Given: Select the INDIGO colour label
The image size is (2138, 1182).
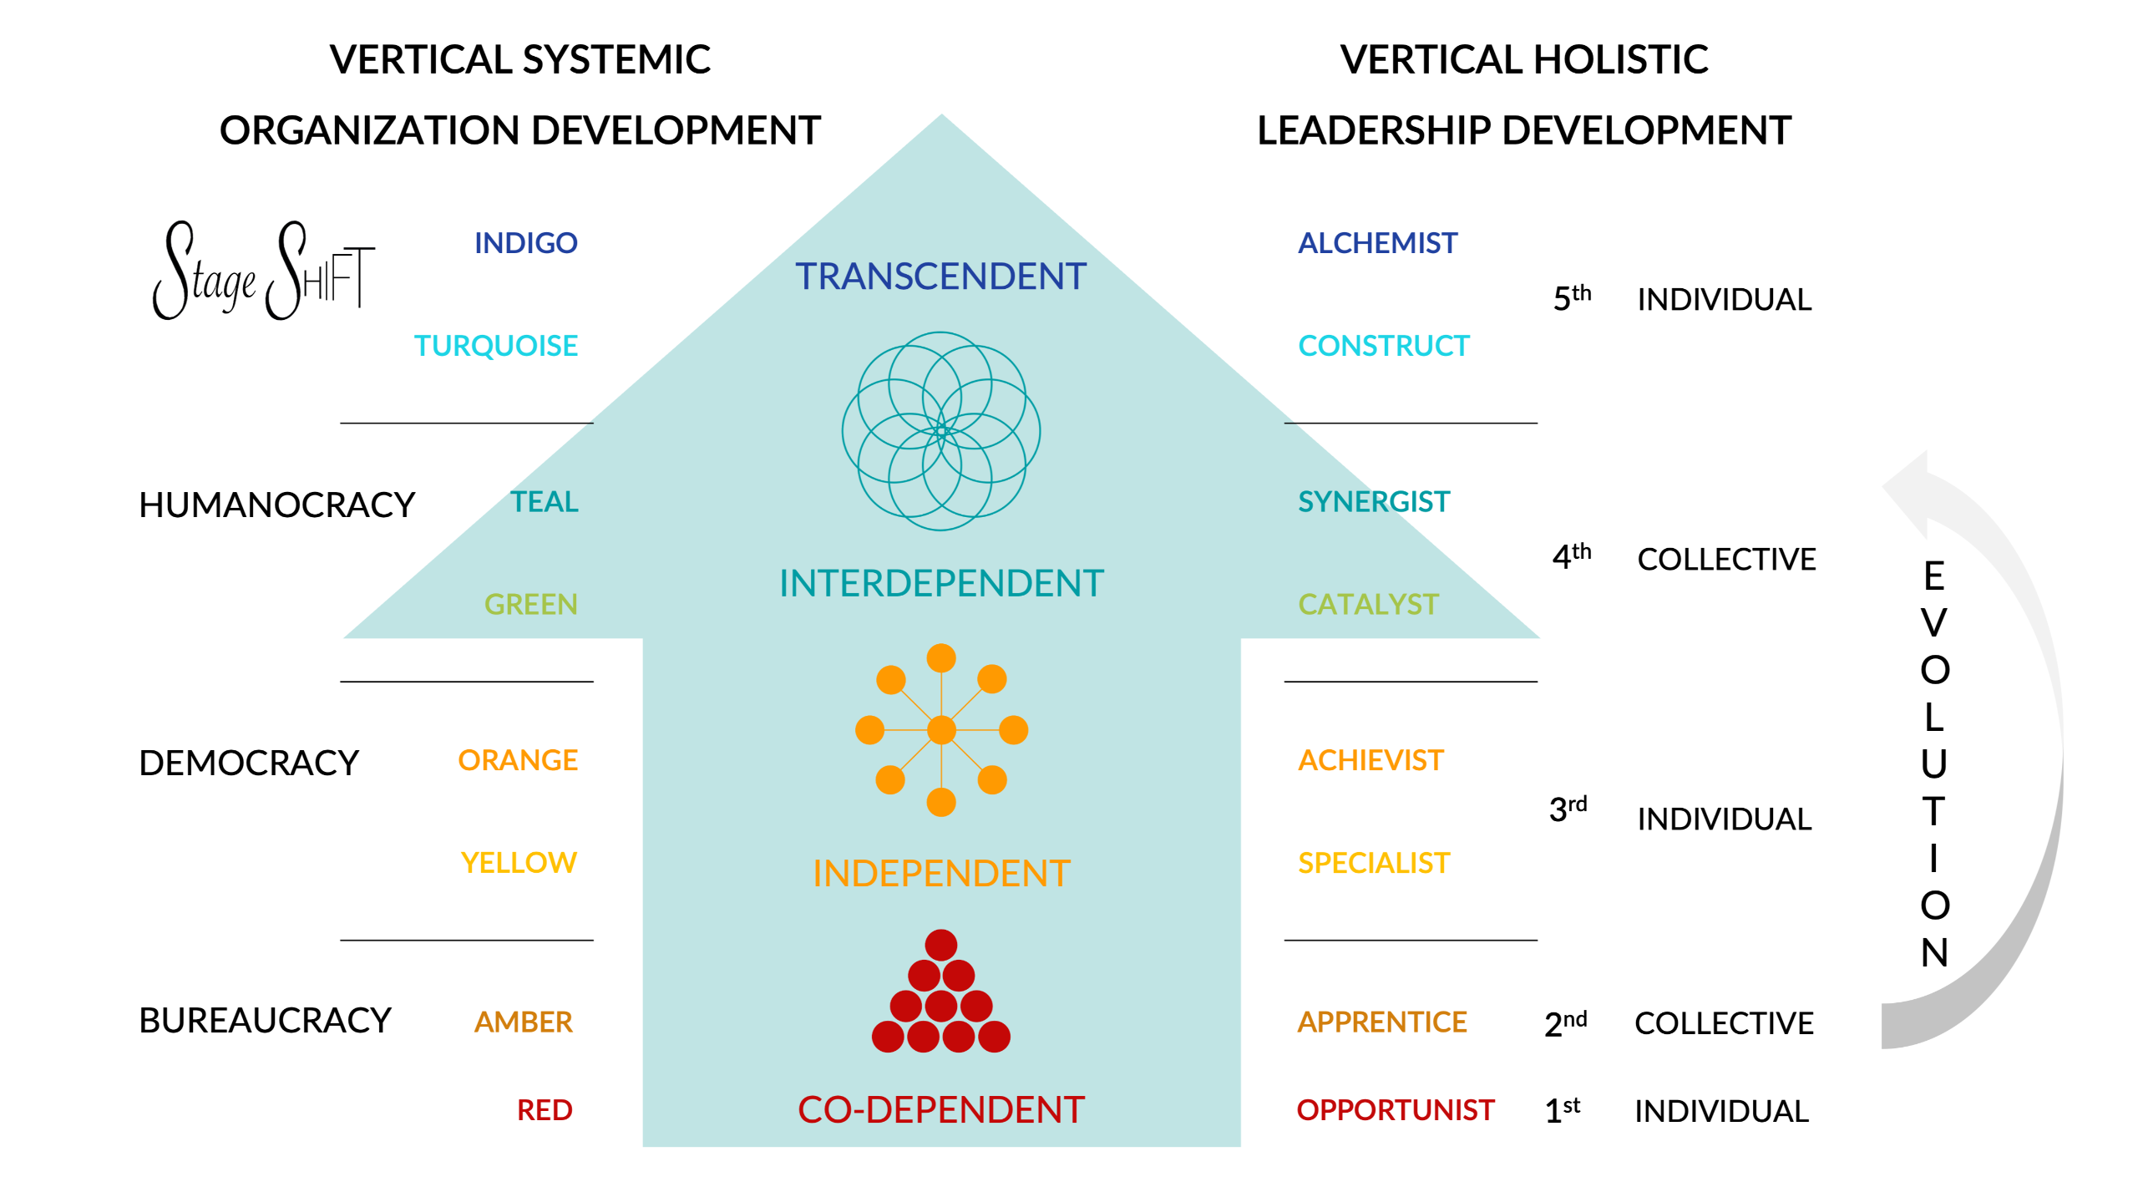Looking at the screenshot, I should (525, 243).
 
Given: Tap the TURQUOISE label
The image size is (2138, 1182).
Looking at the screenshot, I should (495, 346).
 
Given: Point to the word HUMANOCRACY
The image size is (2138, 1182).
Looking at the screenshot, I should (276, 505).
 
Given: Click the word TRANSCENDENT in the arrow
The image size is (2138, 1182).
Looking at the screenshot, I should (940, 276).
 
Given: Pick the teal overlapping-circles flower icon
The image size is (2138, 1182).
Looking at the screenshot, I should (940, 431).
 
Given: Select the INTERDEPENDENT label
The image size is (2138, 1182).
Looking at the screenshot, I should (941, 583).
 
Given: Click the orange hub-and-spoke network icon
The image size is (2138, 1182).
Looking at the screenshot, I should (941, 730).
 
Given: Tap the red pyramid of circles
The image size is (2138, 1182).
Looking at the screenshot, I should (940, 994).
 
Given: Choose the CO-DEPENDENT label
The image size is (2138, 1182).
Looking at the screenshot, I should (941, 1110).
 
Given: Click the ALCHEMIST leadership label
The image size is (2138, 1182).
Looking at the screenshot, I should (1377, 243).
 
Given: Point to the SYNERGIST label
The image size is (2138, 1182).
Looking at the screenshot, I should (1373, 501).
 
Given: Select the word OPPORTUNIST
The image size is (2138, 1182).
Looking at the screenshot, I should (1395, 1110).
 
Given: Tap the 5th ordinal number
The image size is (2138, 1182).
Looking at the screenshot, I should (1571, 298).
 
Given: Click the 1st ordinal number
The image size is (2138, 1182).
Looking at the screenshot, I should (1562, 1111).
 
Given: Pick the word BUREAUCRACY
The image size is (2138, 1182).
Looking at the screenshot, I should (265, 1020).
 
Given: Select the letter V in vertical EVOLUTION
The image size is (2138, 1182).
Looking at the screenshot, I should (1933, 622).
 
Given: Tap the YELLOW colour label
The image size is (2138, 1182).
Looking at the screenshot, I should (519, 862).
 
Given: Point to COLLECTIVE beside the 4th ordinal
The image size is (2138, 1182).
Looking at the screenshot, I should (1726, 559).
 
